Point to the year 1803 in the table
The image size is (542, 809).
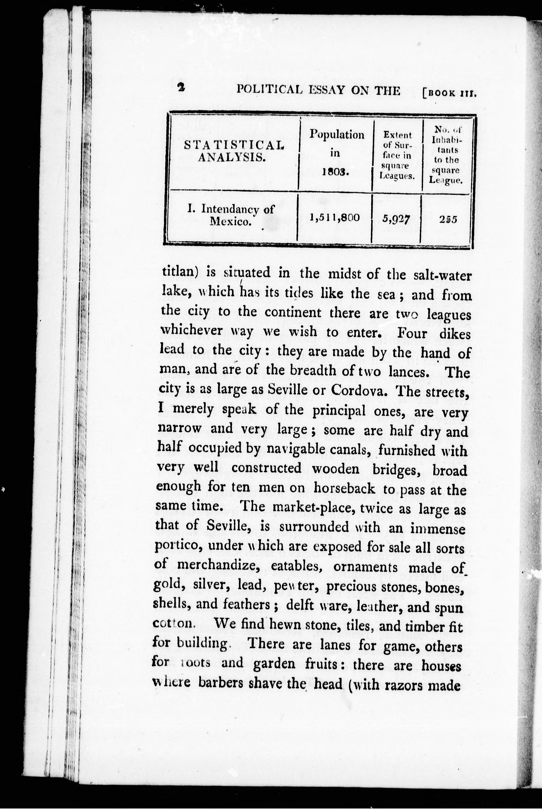click(x=335, y=172)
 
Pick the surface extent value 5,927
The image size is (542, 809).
click(x=396, y=218)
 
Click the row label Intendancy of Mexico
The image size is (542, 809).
click(x=231, y=215)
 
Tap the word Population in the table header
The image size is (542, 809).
click(x=337, y=134)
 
